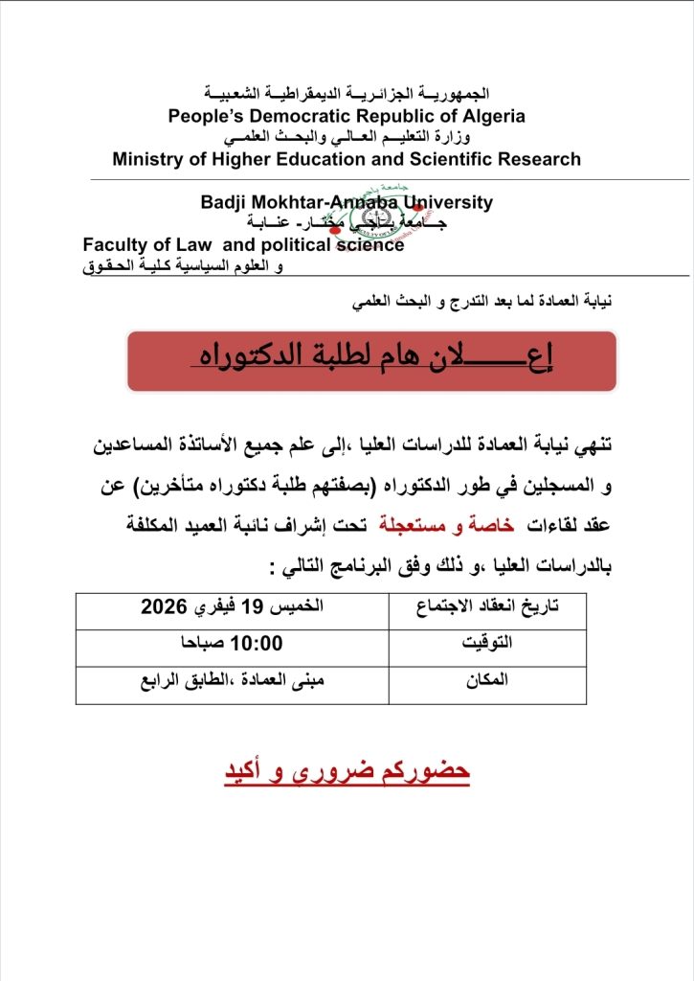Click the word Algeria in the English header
click(x=487, y=116)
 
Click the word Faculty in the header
click(x=117, y=245)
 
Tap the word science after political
click(x=370, y=245)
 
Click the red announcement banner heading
click(x=371, y=360)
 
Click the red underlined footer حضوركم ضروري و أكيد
click(x=347, y=772)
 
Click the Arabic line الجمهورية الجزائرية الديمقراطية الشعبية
click(x=347, y=95)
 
